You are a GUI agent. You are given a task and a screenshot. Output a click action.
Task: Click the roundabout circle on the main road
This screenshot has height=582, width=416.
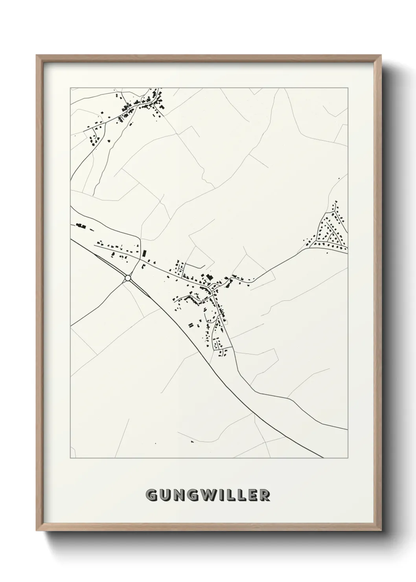point(127,278)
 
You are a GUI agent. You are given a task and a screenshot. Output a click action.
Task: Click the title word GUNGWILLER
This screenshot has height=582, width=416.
point(208,495)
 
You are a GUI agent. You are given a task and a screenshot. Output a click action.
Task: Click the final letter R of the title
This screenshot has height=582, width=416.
point(265,495)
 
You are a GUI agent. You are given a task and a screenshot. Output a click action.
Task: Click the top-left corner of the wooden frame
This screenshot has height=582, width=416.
point(37,55)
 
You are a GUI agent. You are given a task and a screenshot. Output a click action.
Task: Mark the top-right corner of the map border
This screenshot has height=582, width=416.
point(348,88)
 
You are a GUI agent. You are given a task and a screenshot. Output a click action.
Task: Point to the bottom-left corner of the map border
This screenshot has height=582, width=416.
point(70,458)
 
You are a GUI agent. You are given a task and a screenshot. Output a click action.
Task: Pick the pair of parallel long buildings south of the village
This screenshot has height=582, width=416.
point(191,325)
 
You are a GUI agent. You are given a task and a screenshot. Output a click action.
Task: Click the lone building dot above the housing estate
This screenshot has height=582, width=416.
point(339,179)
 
